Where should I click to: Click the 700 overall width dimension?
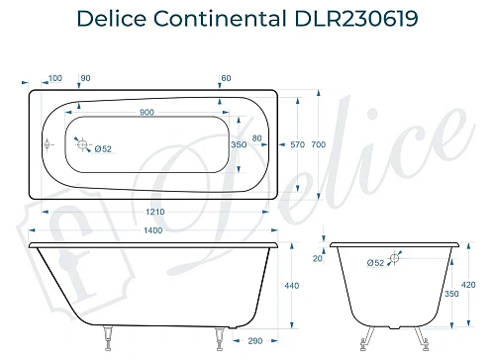pyautogui.click(x=318, y=145)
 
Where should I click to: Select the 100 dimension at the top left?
pyautogui.click(x=54, y=78)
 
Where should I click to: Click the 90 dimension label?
pyautogui.click(x=85, y=78)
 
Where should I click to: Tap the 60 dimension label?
pyautogui.click(x=226, y=78)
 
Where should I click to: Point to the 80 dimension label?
pyautogui.click(x=257, y=136)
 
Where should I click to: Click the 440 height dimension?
pyautogui.click(x=291, y=286)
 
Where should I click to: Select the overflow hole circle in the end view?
pyautogui.click(x=396, y=258)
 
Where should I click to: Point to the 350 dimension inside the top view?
pyautogui.click(x=238, y=144)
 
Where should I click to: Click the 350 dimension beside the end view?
pyautogui.click(x=451, y=294)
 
